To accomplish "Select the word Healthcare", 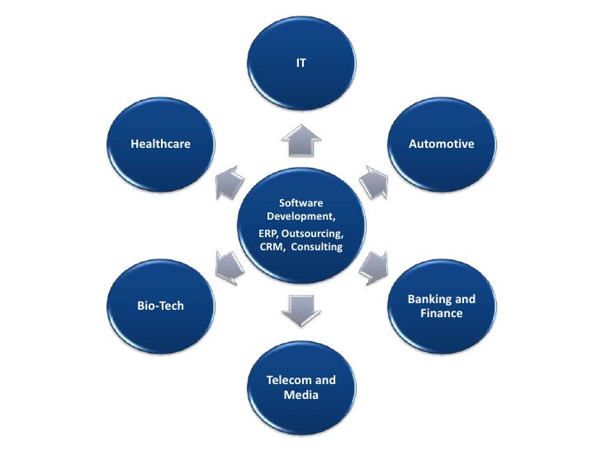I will (x=160, y=144).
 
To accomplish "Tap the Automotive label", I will (x=442, y=144).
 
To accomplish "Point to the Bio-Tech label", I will (x=160, y=306).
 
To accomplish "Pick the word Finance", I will (x=442, y=314).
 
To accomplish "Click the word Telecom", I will (x=289, y=380).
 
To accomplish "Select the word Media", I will (x=300, y=395).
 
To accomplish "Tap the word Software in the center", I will (x=300, y=202).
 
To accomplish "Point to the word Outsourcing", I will (x=313, y=234).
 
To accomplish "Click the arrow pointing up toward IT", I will (x=300, y=140).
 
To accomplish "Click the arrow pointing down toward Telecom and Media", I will (x=300, y=307).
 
